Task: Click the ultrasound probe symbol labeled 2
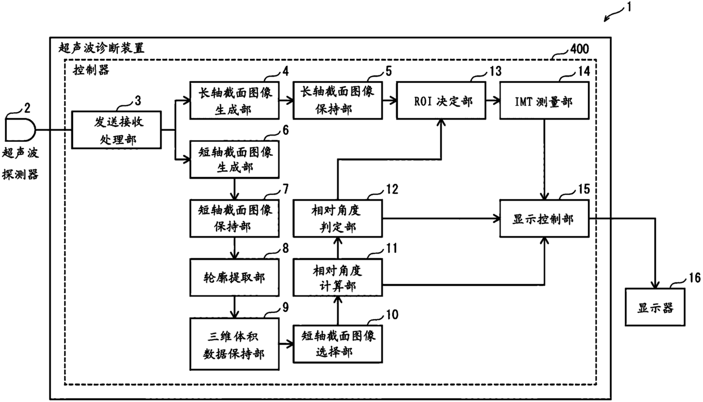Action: coord(20,130)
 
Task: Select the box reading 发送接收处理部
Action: coord(116,130)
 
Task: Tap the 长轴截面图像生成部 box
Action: coord(235,100)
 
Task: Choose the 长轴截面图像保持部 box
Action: coord(338,100)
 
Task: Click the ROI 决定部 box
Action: coord(441,100)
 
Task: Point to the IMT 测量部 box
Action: coord(544,100)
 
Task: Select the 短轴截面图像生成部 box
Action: coord(235,159)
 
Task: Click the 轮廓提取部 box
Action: coord(235,277)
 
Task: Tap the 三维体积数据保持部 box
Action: coord(235,344)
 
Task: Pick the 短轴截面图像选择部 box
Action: coord(338,344)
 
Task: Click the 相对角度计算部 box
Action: coord(338,277)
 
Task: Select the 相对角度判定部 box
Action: coord(338,218)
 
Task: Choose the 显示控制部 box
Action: coord(544,218)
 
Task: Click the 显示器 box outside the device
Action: coord(655,307)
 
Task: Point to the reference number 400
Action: coord(579,49)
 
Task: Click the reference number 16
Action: coord(694,278)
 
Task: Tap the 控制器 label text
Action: coord(91,70)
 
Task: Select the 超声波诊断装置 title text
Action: coord(101,48)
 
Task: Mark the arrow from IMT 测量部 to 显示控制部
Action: coord(544,159)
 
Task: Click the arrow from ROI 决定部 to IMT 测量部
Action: coord(493,100)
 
